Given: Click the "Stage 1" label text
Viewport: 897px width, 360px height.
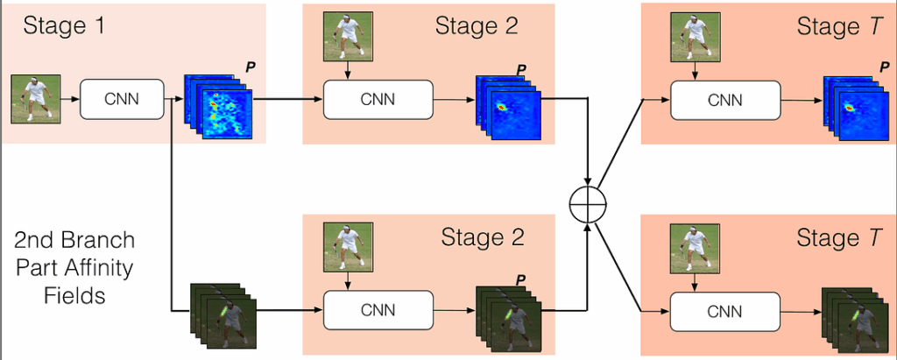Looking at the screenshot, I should click(64, 26).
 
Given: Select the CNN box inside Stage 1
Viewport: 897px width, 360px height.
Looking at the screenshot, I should click(123, 99).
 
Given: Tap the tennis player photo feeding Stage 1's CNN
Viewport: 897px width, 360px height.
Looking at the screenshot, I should click(32, 98).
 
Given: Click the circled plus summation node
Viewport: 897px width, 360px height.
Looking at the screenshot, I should click(588, 206).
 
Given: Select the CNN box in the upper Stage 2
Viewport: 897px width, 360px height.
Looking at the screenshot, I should click(378, 99).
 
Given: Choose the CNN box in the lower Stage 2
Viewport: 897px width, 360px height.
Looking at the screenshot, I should click(378, 310).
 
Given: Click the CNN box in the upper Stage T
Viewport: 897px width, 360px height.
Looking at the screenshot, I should click(724, 99).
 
